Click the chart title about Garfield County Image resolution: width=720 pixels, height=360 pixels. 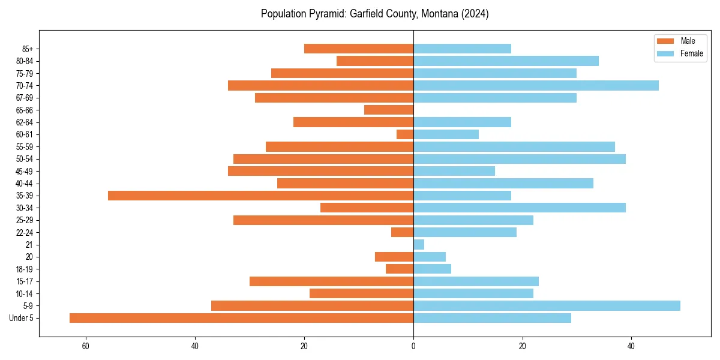tap(374, 14)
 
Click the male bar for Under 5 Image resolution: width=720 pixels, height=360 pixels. tap(241, 318)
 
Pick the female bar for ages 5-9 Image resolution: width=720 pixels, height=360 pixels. tap(547, 306)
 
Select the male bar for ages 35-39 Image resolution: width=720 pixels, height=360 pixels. tap(260, 196)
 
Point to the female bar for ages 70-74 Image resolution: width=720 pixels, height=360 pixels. tap(536, 85)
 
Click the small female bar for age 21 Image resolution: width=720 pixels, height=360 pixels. tap(419, 245)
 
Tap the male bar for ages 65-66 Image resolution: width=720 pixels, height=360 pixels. tap(389, 110)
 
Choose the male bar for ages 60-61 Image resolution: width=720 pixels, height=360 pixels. tap(405, 134)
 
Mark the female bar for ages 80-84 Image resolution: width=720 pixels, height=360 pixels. tap(506, 61)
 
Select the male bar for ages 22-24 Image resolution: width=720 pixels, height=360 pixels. tap(403, 232)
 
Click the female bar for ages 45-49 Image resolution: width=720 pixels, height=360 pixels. tap(454, 171)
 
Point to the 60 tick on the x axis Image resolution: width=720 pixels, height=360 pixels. tap(86, 346)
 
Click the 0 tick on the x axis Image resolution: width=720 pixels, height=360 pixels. tap(413, 346)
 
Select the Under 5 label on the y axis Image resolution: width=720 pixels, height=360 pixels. tap(21, 318)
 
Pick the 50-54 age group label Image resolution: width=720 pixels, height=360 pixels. tap(24, 159)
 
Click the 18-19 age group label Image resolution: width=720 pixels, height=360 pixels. tap(24, 269)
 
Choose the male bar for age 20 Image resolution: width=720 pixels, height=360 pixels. tap(394, 257)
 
